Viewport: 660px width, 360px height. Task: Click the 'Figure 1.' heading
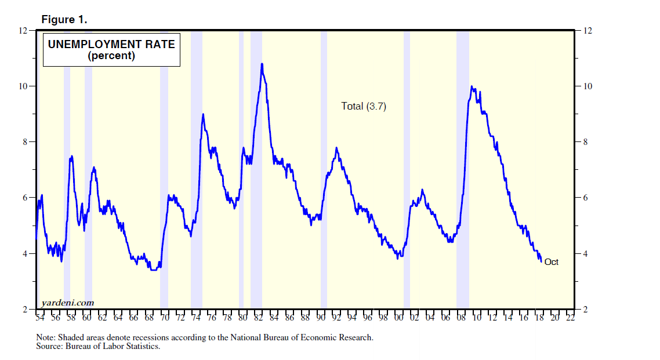pos(64,19)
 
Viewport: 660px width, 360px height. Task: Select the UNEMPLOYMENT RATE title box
pos(111,50)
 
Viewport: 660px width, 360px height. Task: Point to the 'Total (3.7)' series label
pos(364,106)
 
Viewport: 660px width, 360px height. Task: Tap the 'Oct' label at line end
pos(551,262)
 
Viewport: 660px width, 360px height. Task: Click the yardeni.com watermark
pos(68,303)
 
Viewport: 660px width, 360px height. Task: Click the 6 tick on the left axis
pos(24,198)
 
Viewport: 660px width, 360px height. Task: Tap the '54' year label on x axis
pos(40,318)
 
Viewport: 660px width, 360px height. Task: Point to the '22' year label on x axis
pos(570,318)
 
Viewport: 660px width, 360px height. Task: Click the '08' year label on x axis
pos(461,318)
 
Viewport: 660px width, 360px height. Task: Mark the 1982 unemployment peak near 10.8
pos(262,64)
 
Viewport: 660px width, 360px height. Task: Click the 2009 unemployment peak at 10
pos(472,87)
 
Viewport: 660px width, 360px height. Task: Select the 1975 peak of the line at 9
pos(203,114)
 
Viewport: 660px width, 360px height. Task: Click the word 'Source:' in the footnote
pos(49,346)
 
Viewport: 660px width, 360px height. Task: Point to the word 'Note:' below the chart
pos(45,337)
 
